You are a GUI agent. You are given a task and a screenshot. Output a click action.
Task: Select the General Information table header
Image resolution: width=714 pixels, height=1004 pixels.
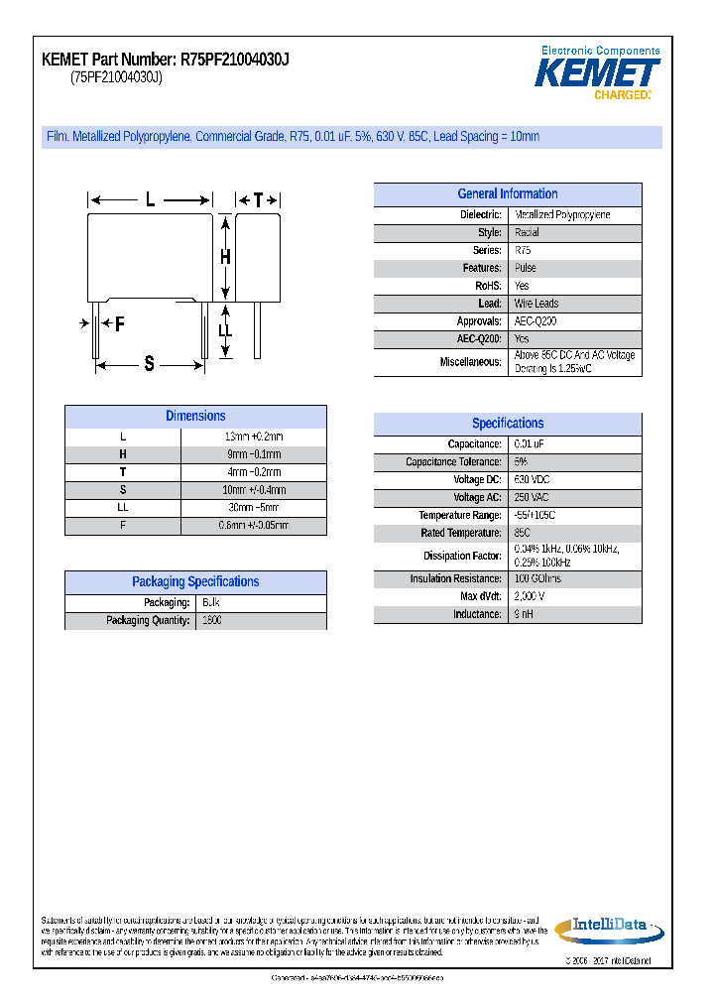507,194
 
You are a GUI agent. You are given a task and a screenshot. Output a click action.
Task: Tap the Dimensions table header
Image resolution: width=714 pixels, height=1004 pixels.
195,417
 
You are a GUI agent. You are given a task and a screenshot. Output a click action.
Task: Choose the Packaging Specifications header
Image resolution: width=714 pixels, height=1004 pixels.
195,582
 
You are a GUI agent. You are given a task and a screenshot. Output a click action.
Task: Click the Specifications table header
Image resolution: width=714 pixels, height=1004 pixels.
507,424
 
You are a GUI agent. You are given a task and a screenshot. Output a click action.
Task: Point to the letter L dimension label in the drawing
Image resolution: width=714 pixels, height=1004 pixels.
151,199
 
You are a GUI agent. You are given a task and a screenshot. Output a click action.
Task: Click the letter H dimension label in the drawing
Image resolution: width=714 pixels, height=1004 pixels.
225,257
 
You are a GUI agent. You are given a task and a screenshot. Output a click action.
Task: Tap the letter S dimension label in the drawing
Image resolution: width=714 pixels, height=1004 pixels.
150,364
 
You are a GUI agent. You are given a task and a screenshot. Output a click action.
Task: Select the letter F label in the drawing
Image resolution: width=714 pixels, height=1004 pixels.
119,323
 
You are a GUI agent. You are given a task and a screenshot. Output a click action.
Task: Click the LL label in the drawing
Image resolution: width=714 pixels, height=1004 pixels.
225,330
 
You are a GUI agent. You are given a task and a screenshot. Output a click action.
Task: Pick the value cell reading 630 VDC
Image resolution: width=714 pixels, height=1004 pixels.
532,480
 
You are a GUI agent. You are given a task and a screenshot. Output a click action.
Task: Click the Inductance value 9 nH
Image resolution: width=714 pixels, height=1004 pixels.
524,615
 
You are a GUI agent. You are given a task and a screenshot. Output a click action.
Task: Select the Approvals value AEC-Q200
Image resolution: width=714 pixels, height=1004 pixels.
536,321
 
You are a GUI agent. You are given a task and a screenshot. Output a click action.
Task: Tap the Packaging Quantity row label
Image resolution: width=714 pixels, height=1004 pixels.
148,621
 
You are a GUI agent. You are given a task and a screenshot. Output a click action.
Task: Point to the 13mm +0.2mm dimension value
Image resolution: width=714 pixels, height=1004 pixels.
254,437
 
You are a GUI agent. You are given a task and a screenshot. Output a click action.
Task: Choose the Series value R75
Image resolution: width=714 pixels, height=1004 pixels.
523,251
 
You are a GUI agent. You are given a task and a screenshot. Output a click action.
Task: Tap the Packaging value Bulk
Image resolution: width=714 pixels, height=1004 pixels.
211,603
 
